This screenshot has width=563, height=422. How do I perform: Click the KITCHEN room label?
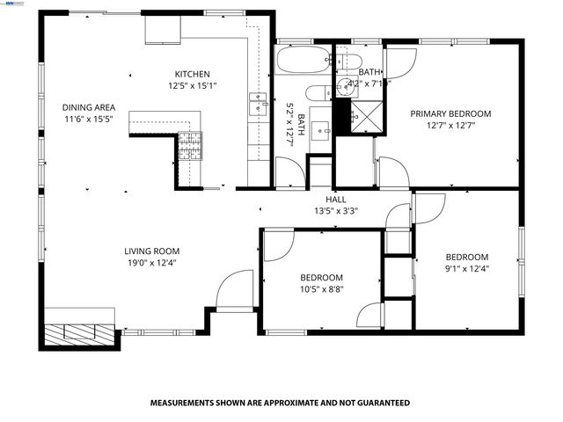click(192, 74)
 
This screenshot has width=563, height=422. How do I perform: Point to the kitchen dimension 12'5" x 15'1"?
click(192, 85)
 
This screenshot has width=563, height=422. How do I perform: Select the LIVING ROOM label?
click(151, 251)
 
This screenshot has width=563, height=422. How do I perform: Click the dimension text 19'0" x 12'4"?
click(151, 263)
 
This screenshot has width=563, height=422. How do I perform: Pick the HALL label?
click(336, 199)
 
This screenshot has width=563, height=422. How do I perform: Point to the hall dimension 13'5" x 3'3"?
click(336, 210)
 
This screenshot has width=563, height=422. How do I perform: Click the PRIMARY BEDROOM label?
click(450, 113)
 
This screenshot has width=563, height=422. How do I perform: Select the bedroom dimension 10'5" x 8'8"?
click(321, 289)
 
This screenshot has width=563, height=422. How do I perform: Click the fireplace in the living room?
click(80, 333)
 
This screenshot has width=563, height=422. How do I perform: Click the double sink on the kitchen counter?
click(258, 103)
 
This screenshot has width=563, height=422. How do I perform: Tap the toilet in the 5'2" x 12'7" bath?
click(316, 95)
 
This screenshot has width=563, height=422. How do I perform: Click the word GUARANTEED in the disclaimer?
click(383, 403)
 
